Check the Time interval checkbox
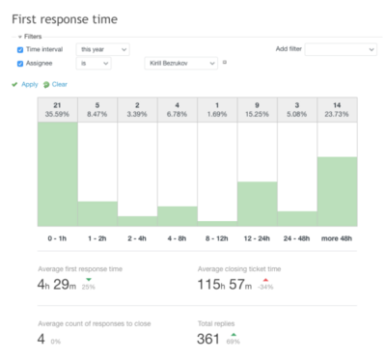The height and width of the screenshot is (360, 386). coord(20,49)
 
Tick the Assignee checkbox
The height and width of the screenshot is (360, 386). coord(20,63)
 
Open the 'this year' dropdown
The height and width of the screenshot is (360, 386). coord(102,49)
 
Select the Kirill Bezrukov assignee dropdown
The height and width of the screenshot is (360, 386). coord(179,63)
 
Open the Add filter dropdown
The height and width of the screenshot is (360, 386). coord(340,49)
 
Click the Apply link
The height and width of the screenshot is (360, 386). coord(28,84)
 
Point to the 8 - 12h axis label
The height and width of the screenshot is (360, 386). coord(217,236)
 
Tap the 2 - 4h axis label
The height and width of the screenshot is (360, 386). coord(137,236)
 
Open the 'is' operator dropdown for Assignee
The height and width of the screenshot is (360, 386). coord(94,63)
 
